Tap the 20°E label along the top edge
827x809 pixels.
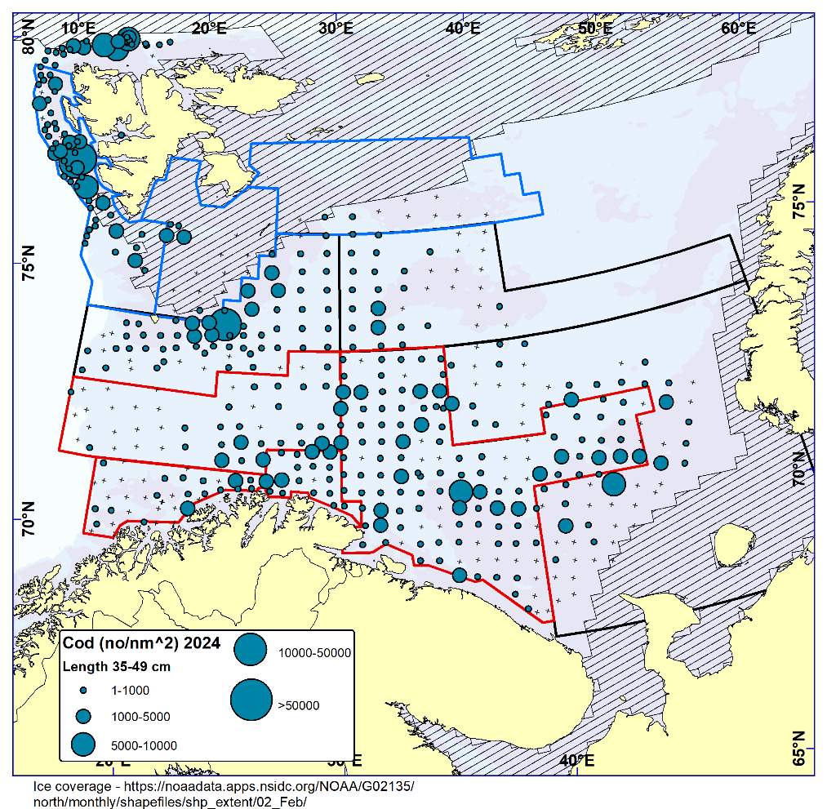(210, 27)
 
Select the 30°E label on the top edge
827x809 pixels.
(336, 27)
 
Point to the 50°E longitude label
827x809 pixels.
(594, 27)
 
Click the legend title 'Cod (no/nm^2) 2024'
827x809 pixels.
(140, 643)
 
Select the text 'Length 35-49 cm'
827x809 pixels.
(117, 666)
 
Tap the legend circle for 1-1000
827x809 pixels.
(82, 691)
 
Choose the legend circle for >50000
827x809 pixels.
(251, 700)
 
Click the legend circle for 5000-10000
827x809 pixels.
(82, 744)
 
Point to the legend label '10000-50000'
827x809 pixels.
(314, 652)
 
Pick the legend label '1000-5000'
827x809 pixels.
(140, 717)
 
